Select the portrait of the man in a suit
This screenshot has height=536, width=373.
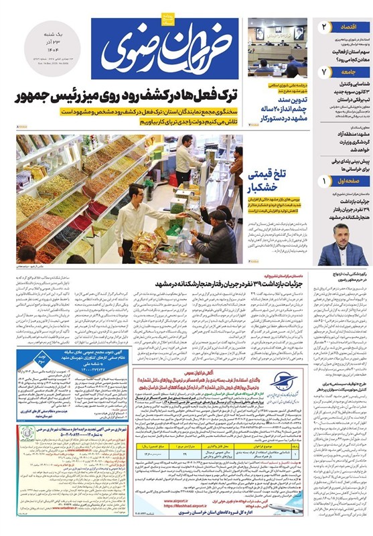(342, 244)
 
